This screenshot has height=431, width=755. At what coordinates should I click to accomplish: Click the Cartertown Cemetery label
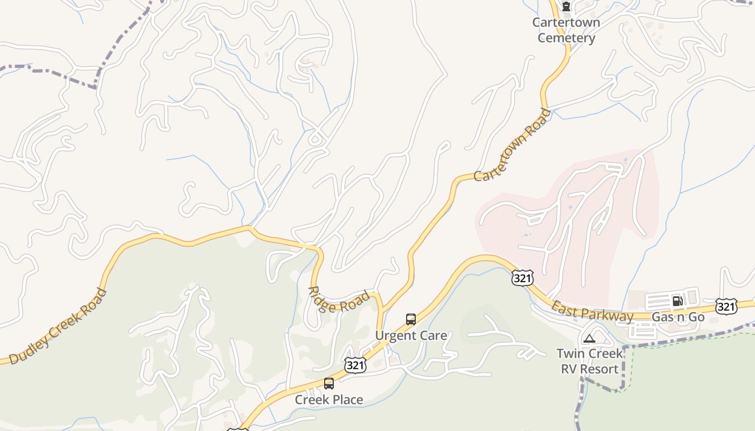point(566,30)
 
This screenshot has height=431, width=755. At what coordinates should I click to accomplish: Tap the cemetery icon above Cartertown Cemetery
point(566,7)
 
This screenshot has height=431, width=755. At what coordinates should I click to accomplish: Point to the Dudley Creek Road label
point(58,327)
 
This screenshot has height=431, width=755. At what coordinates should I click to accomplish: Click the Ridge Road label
point(339,300)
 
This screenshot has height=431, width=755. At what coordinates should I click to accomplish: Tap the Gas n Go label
point(678,317)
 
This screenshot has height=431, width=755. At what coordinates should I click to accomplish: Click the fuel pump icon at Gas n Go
point(677,301)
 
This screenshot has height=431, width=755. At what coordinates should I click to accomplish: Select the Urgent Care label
point(411,336)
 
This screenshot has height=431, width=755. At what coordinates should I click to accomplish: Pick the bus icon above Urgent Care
point(411,319)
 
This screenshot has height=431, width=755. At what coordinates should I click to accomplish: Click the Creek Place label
point(329,400)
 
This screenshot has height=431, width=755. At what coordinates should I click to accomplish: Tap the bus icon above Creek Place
point(329,384)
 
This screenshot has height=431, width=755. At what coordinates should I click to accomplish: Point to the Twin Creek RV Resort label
point(589,362)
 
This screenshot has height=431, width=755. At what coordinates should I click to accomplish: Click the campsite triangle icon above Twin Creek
point(589,338)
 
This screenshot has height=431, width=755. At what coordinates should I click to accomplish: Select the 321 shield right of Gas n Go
point(726,307)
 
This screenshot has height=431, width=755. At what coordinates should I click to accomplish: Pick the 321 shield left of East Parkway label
point(523,278)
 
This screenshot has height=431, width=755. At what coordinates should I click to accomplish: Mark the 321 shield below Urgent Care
point(355,365)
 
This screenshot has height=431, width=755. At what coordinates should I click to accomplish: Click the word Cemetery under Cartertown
point(566,38)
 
